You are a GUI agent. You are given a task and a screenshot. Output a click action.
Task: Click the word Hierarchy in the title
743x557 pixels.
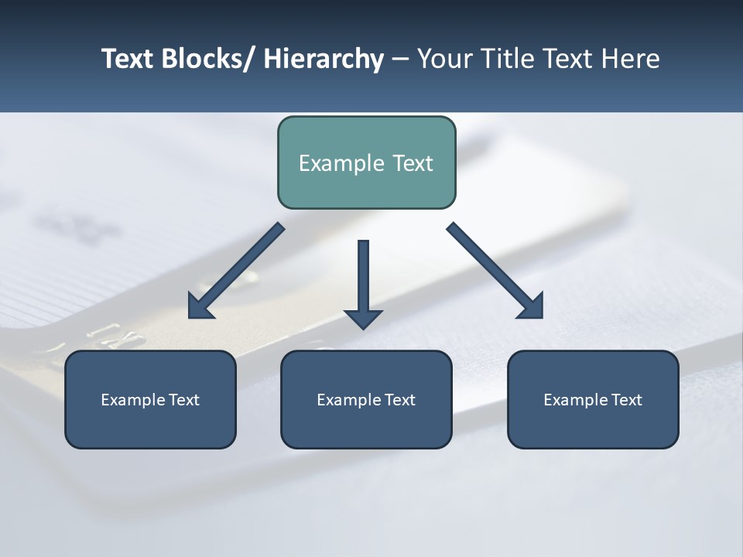click(x=324, y=59)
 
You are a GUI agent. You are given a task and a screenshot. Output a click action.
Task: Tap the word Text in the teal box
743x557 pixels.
click(x=412, y=163)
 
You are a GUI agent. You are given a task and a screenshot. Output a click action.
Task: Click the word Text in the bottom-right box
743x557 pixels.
click(x=625, y=400)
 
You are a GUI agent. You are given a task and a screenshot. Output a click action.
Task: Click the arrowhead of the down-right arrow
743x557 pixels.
click(x=532, y=307)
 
